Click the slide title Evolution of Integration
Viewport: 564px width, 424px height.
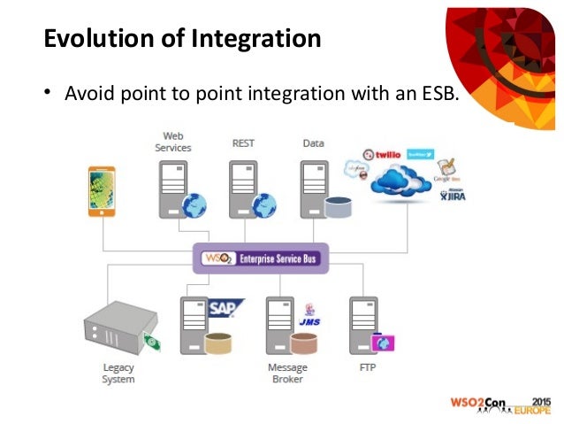pyautogui.click(x=181, y=39)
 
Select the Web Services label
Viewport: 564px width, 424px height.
pyautogui.click(x=172, y=142)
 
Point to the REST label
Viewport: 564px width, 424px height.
pyautogui.click(x=243, y=142)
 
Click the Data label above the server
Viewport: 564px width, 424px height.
pyautogui.click(x=313, y=142)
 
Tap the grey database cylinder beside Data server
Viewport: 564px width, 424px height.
pyautogui.click(x=338, y=208)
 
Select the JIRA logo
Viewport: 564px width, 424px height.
pyautogui.click(x=452, y=196)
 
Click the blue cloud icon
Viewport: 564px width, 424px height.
pyautogui.click(x=403, y=181)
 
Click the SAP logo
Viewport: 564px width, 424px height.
pyautogui.click(x=225, y=308)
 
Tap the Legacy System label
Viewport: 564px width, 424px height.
pyautogui.click(x=118, y=374)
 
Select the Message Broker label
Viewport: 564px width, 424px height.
pyautogui.click(x=287, y=374)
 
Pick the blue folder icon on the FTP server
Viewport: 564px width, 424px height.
pyautogui.click(x=383, y=342)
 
